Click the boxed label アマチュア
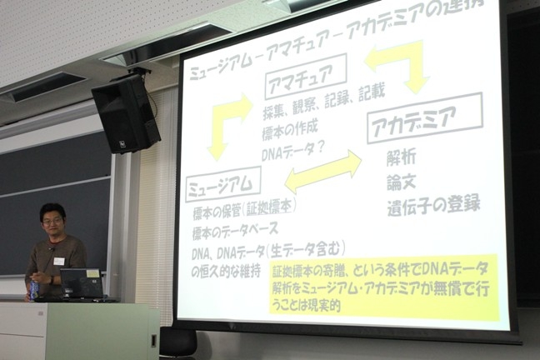click(306, 76)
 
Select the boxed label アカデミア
click(425, 118)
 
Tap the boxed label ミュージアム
click(223, 184)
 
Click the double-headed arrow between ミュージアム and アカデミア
click(323, 172)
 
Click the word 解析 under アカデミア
click(401, 157)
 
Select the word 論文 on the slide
click(401, 182)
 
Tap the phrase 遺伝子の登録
click(433, 206)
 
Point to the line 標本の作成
click(290, 131)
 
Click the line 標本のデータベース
click(235, 230)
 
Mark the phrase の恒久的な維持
click(226, 271)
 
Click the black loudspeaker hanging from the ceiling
click(126, 113)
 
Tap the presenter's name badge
click(59, 261)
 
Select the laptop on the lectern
click(82, 284)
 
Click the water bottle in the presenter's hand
click(34, 289)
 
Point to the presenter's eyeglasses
click(52, 222)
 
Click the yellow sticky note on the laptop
click(92, 274)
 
